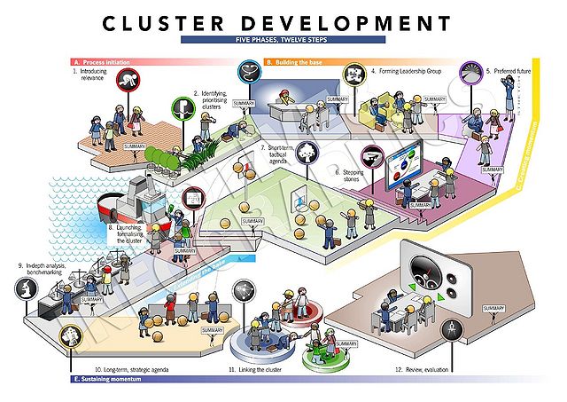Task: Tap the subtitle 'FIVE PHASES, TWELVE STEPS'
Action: (x=283, y=40)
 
